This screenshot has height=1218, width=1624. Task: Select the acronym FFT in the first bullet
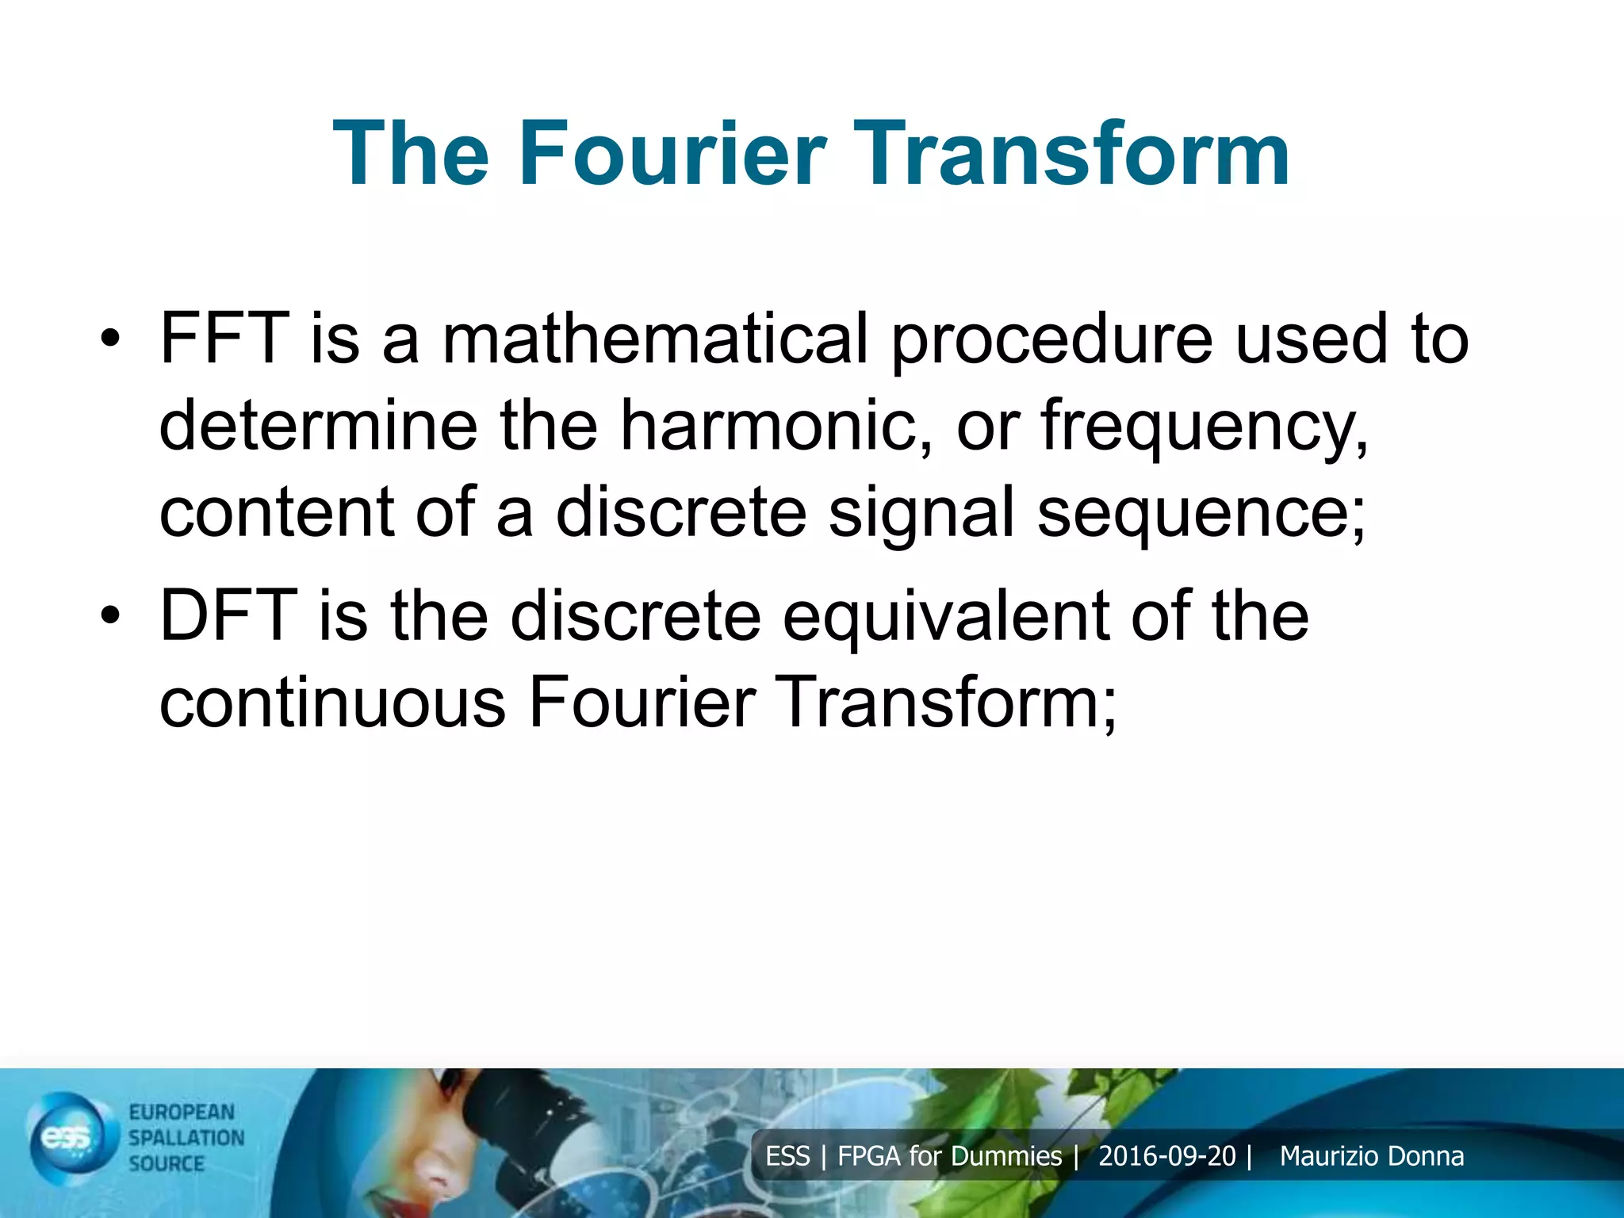coord(224,339)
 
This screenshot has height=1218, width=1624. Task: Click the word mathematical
coord(655,339)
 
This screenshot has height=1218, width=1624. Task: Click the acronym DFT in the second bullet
coord(228,616)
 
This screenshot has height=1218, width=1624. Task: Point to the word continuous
coord(332,703)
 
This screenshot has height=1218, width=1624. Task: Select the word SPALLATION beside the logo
coord(186,1137)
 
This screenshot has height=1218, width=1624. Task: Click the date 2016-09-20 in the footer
coord(1166,1156)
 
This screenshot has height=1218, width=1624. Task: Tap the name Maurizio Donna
coord(1371,1156)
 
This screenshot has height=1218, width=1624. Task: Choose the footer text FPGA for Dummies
coord(949,1156)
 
